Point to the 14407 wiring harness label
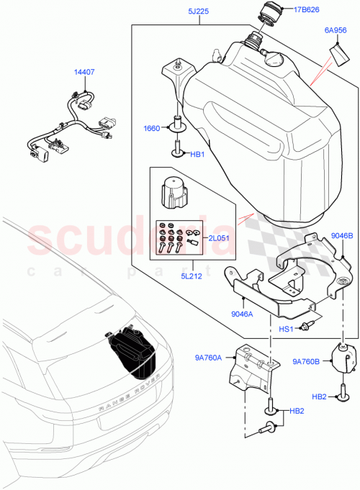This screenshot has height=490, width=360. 85,72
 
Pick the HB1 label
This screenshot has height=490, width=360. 197,154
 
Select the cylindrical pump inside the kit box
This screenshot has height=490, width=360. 173,191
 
